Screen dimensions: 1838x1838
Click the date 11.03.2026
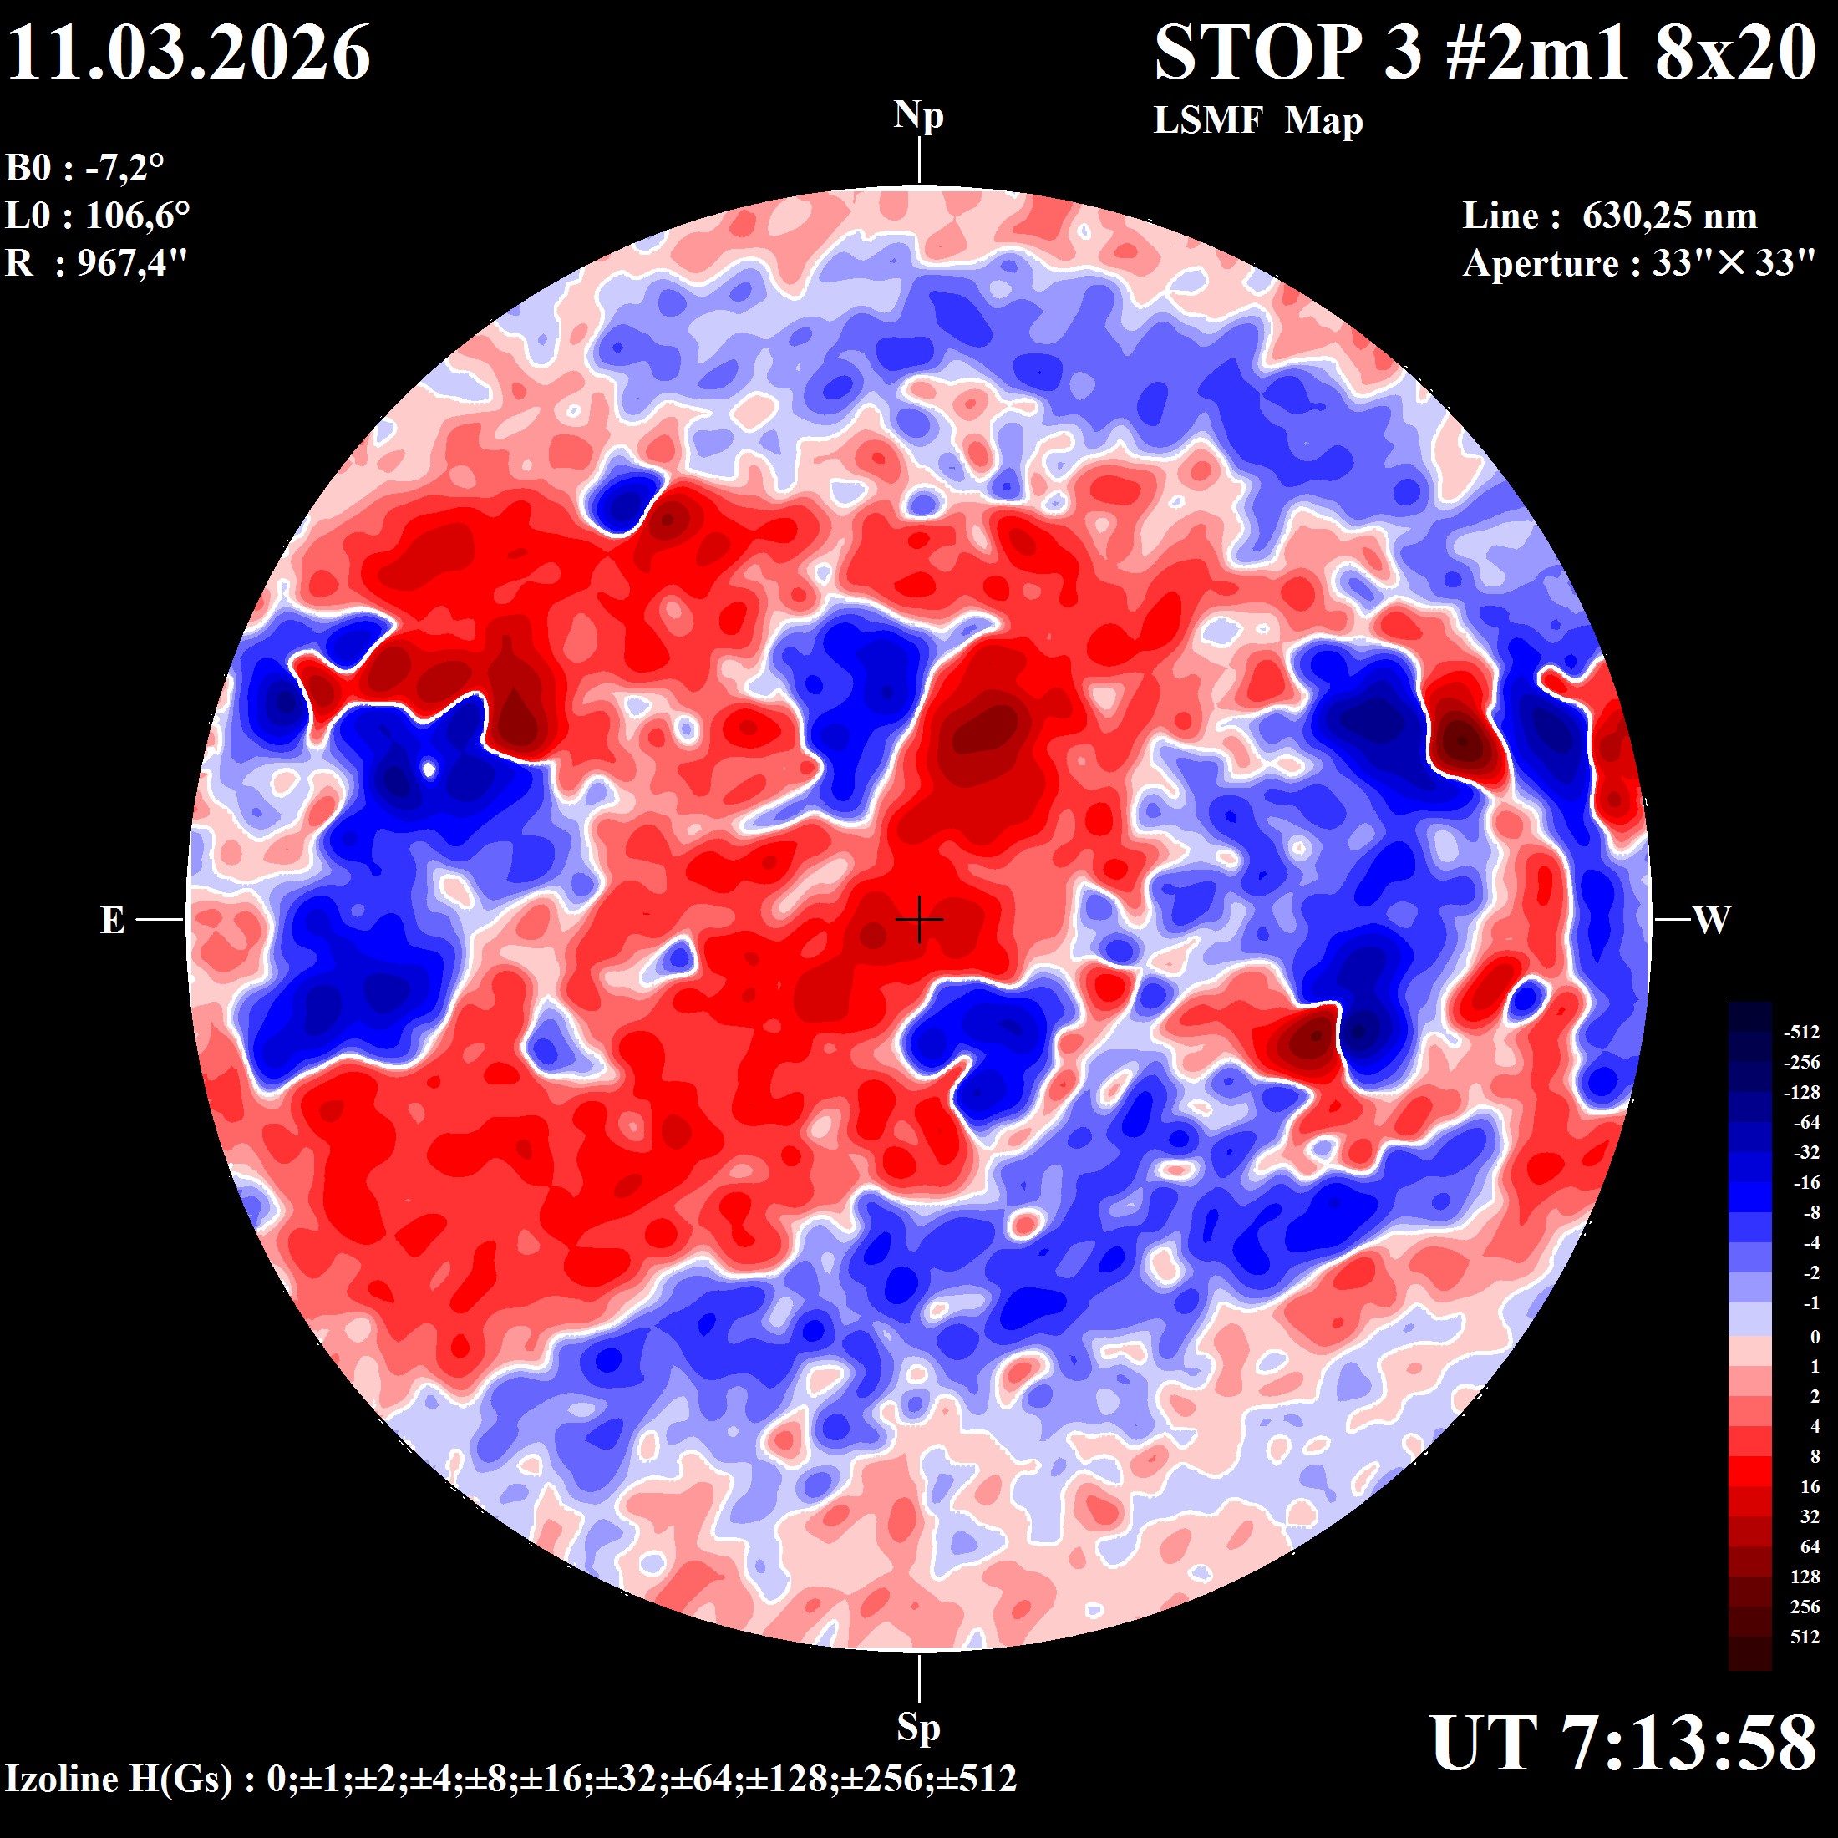click(x=188, y=53)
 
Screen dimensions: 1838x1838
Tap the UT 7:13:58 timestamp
click(x=1623, y=1744)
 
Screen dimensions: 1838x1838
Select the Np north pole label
click(x=918, y=116)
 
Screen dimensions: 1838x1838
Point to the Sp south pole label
click(x=918, y=1727)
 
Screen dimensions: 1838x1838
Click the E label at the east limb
click(x=112, y=920)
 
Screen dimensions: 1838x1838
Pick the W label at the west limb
click(x=1712, y=920)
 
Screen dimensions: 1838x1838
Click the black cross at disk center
click(x=919, y=920)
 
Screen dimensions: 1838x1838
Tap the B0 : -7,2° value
click(x=85, y=169)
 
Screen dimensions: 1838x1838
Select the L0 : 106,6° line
click(x=98, y=216)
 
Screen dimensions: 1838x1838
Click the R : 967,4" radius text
click(x=97, y=262)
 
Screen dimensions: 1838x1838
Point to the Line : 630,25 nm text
click(x=1610, y=216)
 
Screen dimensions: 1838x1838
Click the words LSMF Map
click(x=1257, y=121)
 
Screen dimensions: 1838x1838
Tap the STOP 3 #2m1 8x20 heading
click(x=1485, y=53)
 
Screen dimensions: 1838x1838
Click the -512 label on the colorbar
click(x=1801, y=1033)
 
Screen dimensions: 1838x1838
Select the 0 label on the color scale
click(x=1815, y=1337)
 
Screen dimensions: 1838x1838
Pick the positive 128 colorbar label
click(x=1805, y=1577)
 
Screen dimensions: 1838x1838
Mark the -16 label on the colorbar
click(x=1805, y=1182)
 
